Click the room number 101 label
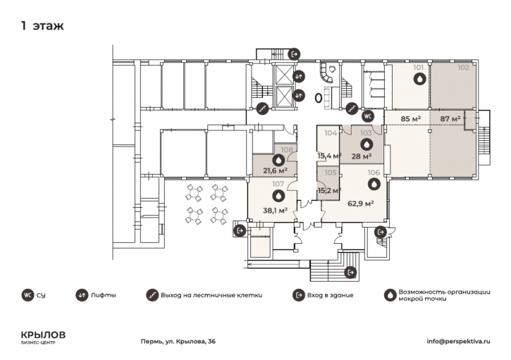pos(419,68)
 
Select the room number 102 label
pos(463,68)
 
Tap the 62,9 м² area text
pos(360,204)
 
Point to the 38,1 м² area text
pos(275,211)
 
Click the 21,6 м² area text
pos(275,170)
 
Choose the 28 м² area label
pos(362,156)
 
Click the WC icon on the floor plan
pos(368,116)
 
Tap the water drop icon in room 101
pos(419,79)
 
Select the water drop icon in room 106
pos(374,184)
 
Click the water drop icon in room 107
pos(278,196)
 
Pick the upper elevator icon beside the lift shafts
pos(299,76)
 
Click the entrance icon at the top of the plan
pos(294,54)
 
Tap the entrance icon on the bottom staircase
pos(350,272)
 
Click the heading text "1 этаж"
pos(42,26)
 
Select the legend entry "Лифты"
pos(104,295)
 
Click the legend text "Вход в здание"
pos(330,295)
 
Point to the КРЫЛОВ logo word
pos(43,335)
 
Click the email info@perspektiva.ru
pos(459,342)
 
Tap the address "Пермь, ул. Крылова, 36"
pos(178,342)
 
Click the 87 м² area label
pos(450,119)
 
